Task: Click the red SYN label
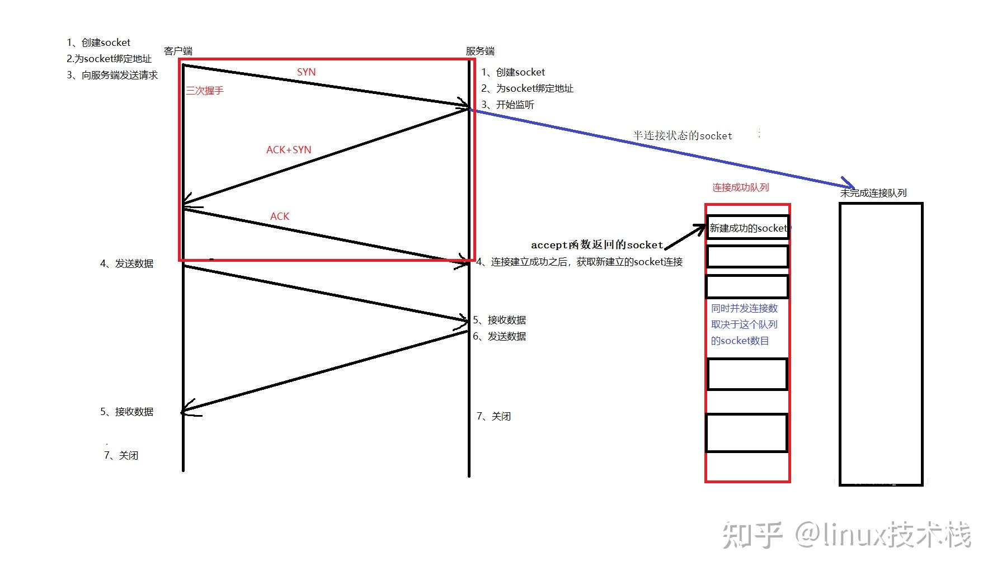point(306,72)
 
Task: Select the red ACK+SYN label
point(288,150)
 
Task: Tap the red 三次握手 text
point(205,91)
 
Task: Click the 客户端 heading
point(178,51)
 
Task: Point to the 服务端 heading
point(480,51)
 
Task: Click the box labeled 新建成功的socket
point(747,228)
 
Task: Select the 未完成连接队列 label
point(873,193)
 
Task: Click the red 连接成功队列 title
point(740,187)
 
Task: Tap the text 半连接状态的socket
point(682,135)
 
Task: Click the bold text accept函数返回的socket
point(596,245)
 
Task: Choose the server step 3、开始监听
point(508,105)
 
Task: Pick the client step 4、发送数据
point(127,263)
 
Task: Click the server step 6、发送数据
point(499,336)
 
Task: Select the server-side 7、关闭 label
point(493,416)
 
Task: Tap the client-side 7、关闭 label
point(121,455)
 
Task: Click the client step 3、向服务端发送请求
point(112,75)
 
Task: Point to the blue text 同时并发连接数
point(744,308)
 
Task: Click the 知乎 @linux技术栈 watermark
point(846,534)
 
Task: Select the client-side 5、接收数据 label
point(127,412)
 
